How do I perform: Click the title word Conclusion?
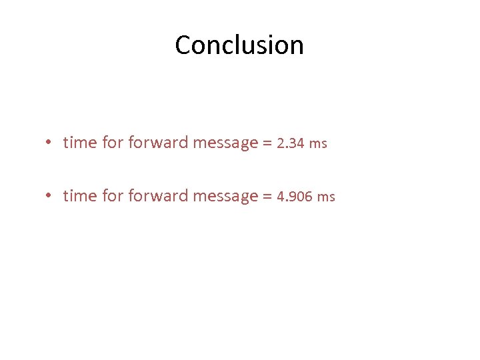239,45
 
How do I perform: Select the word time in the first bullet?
80,143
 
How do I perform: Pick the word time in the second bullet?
80,196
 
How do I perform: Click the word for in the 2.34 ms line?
113,143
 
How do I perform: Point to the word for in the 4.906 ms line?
113,196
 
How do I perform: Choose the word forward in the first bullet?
158,143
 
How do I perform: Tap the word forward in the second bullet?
158,196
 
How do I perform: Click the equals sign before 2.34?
267,143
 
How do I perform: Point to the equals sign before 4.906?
267,197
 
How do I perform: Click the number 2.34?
291,143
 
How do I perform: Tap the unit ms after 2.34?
319,144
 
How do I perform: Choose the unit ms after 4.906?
327,197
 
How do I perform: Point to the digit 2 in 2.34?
280,143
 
